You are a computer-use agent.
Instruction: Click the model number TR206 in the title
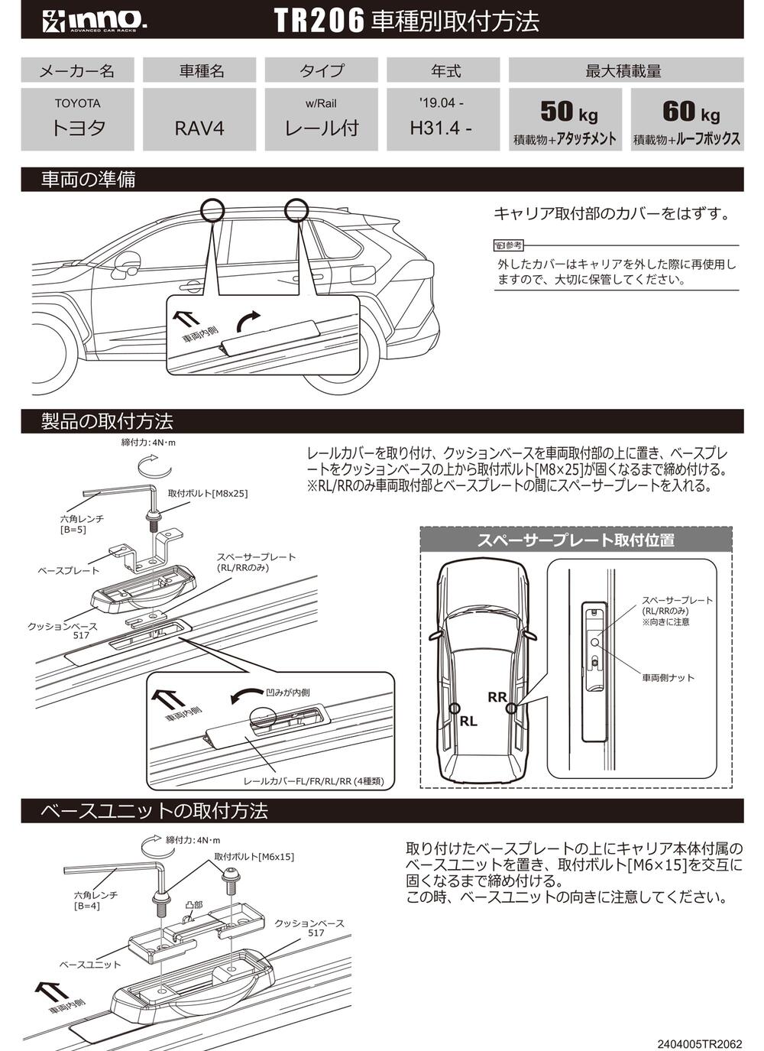(x=318, y=21)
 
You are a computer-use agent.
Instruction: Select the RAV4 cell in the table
(x=199, y=119)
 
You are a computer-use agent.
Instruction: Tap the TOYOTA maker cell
(x=77, y=119)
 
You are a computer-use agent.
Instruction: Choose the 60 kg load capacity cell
(x=687, y=119)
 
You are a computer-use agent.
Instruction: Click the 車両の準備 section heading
(x=89, y=180)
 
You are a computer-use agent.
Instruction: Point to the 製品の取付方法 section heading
(x=107, y=421)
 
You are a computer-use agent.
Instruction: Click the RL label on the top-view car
(x=468, y=721)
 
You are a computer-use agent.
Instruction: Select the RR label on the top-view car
(x=497, y=696)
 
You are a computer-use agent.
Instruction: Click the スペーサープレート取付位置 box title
(x=575, y=540)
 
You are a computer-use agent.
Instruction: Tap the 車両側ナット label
(x=668, y=677)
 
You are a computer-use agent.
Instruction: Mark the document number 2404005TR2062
(x=699, y=1043)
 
